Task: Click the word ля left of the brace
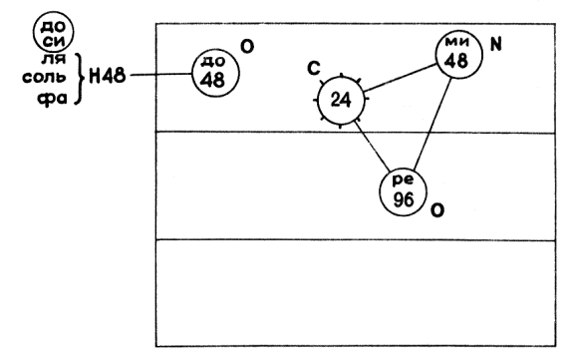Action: [53, 58]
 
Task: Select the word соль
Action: [44, 77]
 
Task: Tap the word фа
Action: [53, 98]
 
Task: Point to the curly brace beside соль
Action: [78, 79]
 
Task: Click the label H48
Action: [107, 77]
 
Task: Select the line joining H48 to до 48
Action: [161, 75]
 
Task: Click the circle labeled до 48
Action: [216, 74]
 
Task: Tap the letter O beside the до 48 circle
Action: [247, 47]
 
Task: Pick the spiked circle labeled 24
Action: [342, 100]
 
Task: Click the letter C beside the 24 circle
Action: [314, 69]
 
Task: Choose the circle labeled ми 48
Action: [459, 55]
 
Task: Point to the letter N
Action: [495, 45]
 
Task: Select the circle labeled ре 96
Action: [403, 192]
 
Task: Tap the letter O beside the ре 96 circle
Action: [437, 210]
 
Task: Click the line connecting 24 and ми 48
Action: [401, 78]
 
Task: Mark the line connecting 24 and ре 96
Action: [372, 146]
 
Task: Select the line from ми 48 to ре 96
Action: [431, 124]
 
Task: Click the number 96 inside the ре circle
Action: [404, 199]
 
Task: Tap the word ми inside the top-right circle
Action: [456, 42]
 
